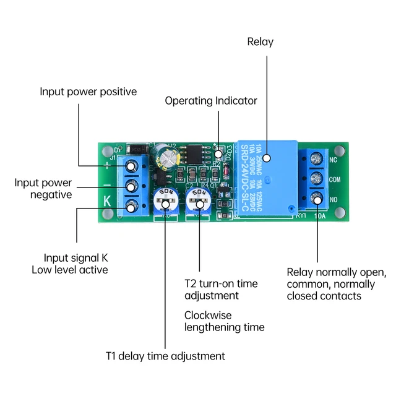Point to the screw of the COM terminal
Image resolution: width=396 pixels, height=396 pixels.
coord(317,179)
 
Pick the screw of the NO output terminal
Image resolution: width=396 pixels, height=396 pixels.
coord(317,199)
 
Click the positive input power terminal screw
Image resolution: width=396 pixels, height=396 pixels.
coord(132,166)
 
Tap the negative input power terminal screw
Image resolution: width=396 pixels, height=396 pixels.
coord(132,186)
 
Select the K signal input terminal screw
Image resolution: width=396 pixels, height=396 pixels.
coord(132,206)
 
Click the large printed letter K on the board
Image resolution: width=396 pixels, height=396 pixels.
coord(107,200)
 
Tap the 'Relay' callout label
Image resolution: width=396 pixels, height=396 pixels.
coord(260,42)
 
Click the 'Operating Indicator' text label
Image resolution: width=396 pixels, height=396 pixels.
coord(210,100)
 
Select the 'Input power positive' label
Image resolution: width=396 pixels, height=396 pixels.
coord(88,92)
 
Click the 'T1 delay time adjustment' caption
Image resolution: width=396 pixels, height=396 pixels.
coord(165,356)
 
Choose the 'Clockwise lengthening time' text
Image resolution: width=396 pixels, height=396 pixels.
coord(224,321)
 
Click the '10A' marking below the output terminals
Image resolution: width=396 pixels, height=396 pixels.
coord(319,217)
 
